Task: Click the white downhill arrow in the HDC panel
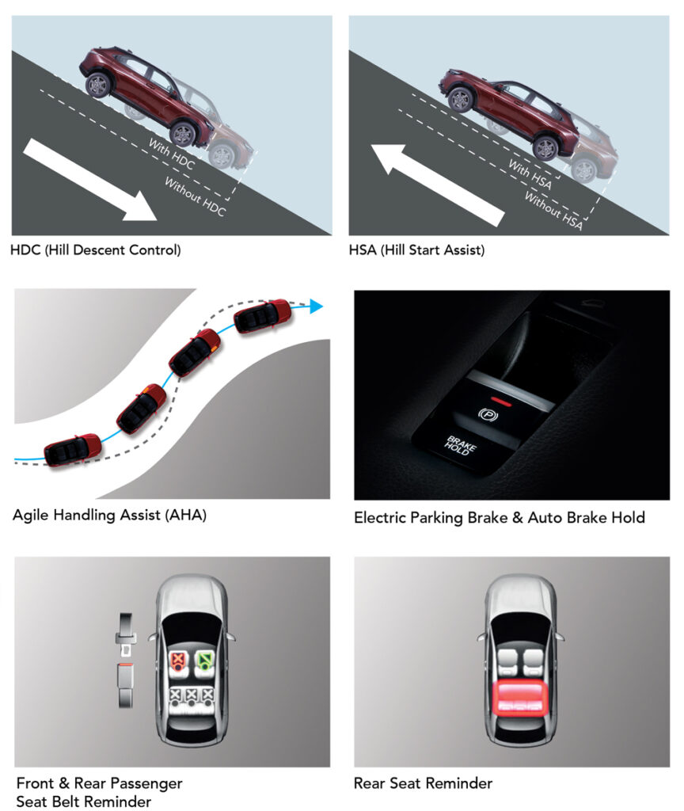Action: pyautogui.click(x=90, y=180)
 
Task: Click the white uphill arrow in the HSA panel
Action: pyautogui.click(x=437, y=185)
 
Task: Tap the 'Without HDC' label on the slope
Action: pyautogui.click(x=195, y=196)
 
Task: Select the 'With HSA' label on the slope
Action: pyautogui.click(x=530, y=174)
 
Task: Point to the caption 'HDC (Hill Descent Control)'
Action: pyautogui.click(x=96, y=249)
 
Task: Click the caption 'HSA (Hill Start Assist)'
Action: pyautogui.click(x=416, y=249)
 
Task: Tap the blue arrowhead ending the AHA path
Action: pyautogui.click(x=317, y=307)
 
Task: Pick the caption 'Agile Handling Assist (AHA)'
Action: pyautogui.click(x=109, y=515)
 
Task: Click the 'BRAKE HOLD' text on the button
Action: pyautogui.click(x=460, y=445)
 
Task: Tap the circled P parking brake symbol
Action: pyautogui.click(x=488, y=414)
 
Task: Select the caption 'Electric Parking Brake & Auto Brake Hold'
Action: pyautogui.click(x=500, y=518)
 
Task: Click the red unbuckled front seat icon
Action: pyautogui.click(x=178, y=661)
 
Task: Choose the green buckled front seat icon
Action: pyautogui.click(x=205, y=661)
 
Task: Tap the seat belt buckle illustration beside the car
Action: pyautogui.click(x=126, y=660)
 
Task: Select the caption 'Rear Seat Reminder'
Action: pyautogui.click(x=423, y=783)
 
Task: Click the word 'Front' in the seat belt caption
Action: pyautogui.click(x=35, y=783)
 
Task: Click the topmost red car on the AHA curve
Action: pyautogui.click(x=263, y=315)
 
